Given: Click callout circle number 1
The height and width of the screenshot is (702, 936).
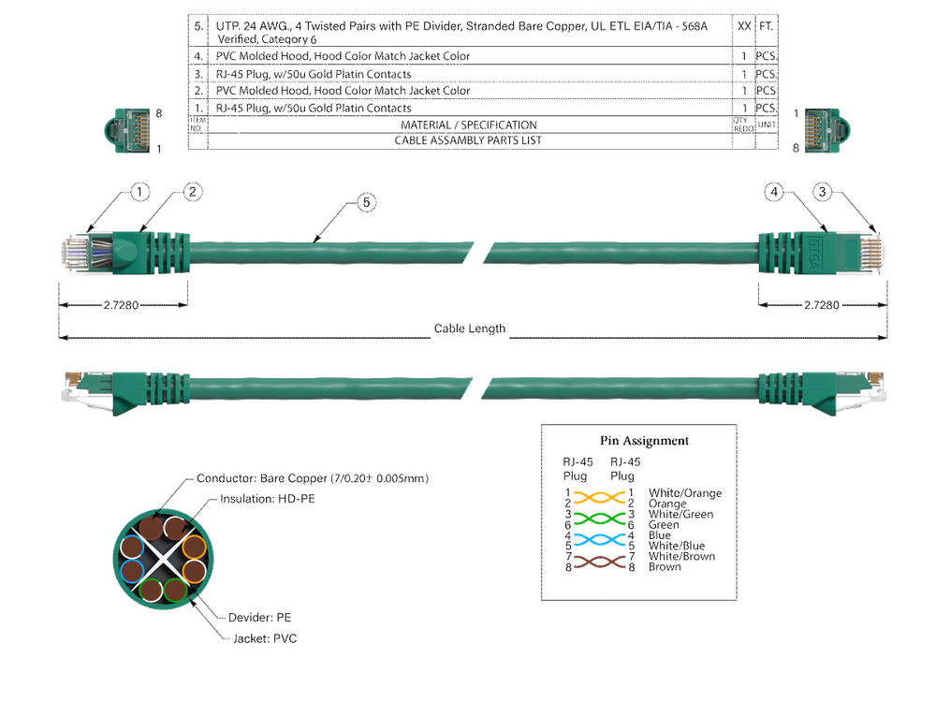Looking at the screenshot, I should coord(139,193).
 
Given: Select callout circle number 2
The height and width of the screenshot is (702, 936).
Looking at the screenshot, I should coord(192,192).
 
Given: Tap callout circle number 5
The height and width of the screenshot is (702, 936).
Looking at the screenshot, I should coord(367,202).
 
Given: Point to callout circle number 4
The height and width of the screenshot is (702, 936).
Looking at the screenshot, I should coord(773,193).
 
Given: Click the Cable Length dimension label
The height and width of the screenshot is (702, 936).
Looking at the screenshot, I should coord(469,329).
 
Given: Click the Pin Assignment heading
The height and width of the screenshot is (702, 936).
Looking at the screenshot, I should coord(644,441).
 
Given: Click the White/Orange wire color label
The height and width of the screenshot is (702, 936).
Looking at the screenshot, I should coord(685,493).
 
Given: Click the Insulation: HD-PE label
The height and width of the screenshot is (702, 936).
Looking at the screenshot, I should coord(267,499).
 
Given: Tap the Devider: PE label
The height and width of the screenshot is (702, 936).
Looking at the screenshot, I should coord(259,618).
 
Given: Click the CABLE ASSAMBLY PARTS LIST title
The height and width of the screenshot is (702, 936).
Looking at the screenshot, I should coord(468,141).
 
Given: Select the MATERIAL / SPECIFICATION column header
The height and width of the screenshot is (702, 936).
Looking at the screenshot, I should coord(468,125).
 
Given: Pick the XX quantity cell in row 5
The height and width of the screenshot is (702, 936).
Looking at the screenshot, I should coord(743,27).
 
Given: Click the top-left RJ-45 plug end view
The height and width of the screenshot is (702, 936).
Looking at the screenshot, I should coord(128,129).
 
